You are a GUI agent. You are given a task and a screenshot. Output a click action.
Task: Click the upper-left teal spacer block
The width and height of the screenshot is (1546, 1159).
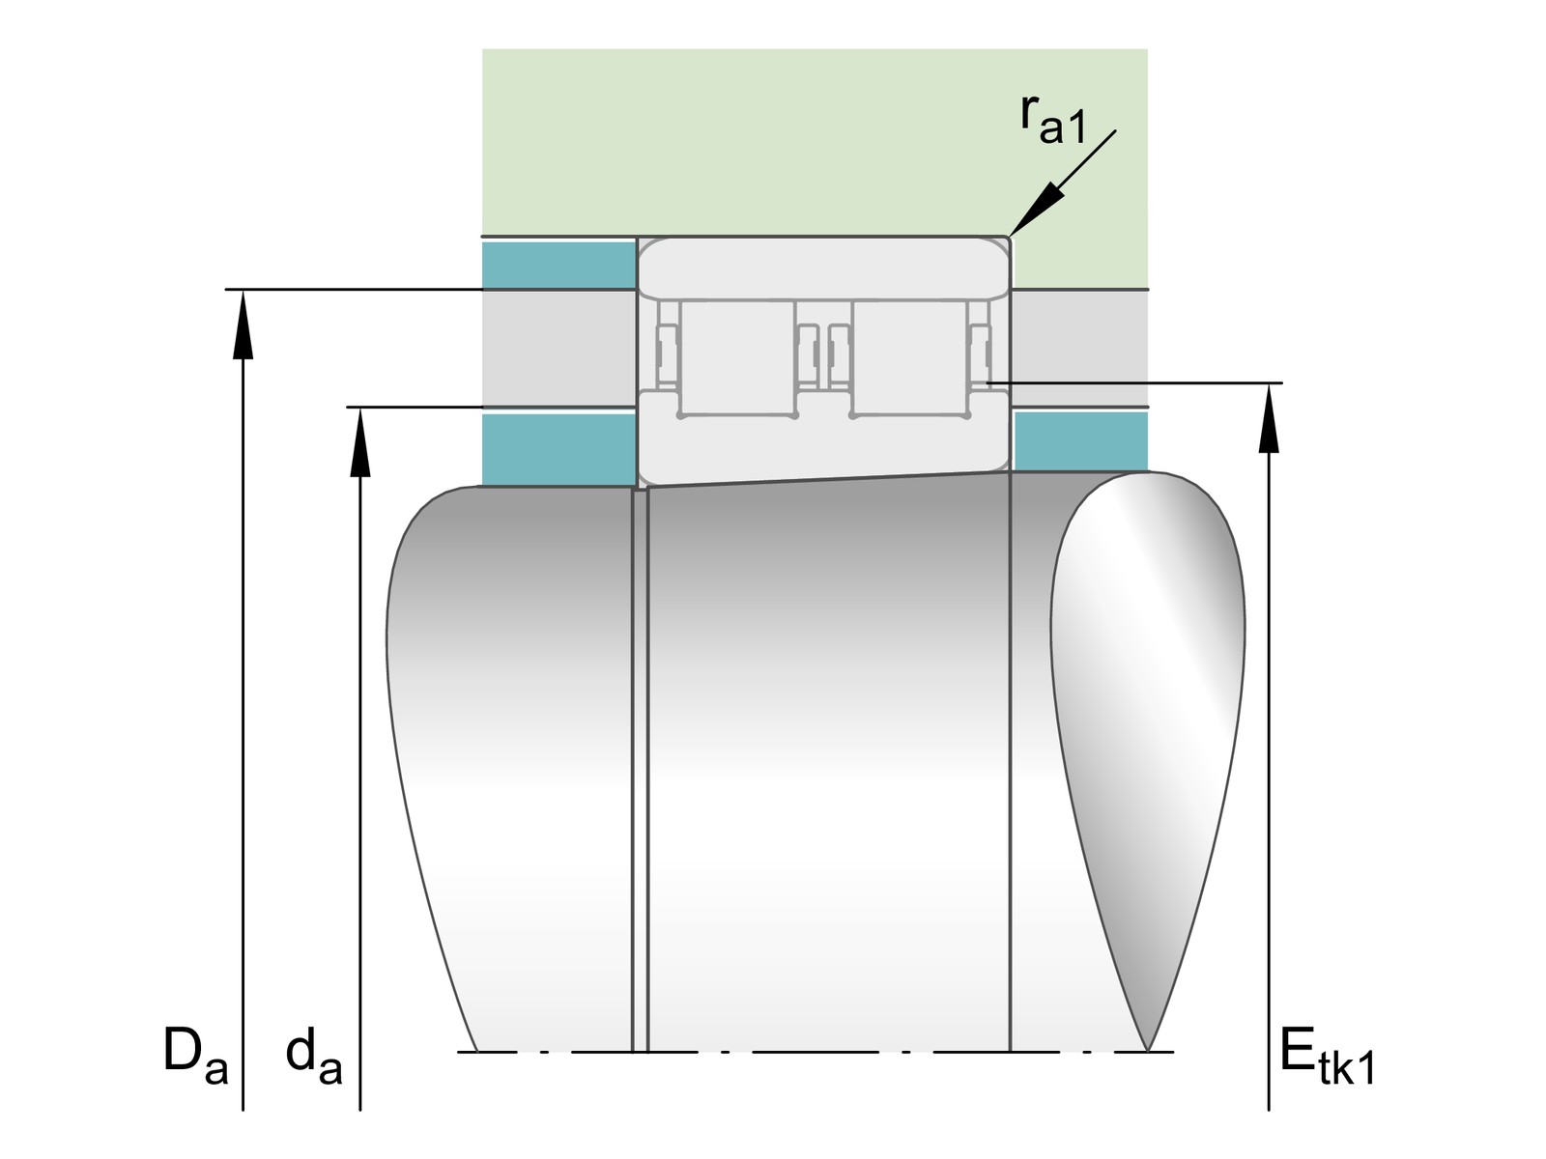click(x=558, y=266)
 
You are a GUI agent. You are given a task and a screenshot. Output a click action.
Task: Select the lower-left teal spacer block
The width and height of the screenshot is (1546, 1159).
click(x=558, y=449)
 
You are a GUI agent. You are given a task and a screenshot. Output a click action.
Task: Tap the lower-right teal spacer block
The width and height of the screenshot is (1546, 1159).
click(x=1080, y=441)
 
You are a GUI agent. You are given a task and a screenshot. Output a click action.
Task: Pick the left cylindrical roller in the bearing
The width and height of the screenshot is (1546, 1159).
click(x=738, y=357)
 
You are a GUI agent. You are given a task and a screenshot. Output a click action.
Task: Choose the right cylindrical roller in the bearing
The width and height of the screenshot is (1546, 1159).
click(x=908, y=357)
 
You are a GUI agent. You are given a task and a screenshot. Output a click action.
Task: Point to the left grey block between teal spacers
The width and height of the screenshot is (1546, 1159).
click(x=558, y=348)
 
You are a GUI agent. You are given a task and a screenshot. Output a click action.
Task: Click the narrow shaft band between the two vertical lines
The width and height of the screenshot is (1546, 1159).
click(x=639, y=773)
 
